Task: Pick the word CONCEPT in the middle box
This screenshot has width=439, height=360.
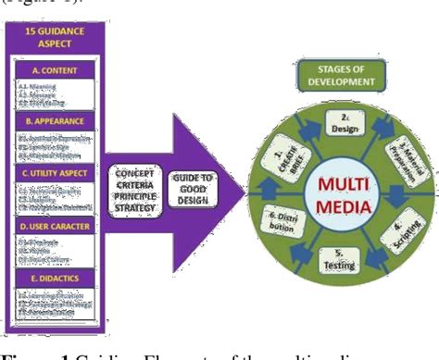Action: pyautogui.click(x=135, y=172)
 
